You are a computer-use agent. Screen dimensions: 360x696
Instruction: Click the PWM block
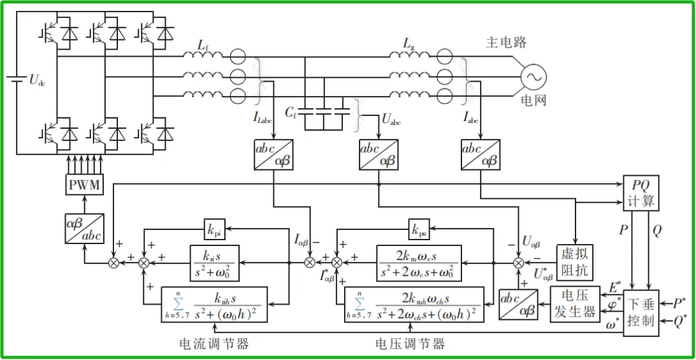85,185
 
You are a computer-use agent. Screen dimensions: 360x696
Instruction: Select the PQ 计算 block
641,193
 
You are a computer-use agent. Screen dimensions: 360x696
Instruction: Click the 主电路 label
506,43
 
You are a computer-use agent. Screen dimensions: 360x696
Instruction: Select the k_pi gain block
214,229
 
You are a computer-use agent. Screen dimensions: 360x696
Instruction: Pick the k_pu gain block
418,229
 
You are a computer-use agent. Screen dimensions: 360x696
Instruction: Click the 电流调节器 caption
214,343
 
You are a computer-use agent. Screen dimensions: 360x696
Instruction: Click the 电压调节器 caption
410,343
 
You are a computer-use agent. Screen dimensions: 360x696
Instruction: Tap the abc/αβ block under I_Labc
275,155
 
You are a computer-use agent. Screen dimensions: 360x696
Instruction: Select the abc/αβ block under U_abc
378,155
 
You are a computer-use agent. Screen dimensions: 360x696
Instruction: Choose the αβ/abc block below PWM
84,229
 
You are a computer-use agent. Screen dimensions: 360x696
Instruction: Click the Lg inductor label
409,43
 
